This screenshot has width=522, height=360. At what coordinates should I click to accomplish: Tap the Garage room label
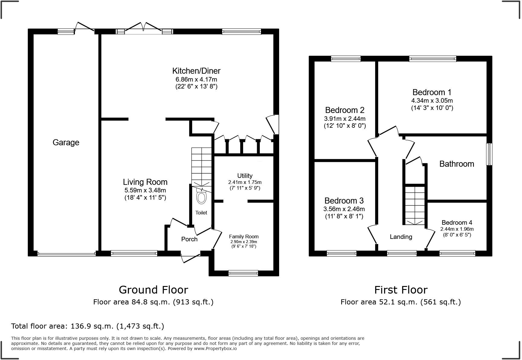tap(66, 142)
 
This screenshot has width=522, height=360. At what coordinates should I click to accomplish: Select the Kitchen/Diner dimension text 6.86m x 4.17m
tap(196, 79)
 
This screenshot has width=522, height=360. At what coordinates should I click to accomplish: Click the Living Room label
tap(145, 182)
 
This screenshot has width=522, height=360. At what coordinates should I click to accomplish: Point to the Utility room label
tap(245, 175)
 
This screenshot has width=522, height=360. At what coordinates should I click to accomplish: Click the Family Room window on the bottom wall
tap(243, 273)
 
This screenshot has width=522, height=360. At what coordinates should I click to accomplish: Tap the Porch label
tap(189, 239)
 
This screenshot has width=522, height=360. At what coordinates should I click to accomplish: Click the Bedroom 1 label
tap(432, 92)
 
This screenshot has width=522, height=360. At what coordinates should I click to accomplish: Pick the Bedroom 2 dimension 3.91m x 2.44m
tap(345, 119)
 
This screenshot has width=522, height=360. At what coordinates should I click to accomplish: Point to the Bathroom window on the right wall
tap(489, 154)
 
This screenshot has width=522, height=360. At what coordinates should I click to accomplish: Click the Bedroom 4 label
tap(457, 223)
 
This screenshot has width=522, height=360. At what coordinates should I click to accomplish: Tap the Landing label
tap(401, 237)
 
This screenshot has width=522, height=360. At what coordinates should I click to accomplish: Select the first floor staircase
tap(414, 205)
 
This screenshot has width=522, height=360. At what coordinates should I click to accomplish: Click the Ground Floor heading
tap(153, 290)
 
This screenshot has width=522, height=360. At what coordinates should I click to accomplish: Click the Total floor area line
tap(88, 326)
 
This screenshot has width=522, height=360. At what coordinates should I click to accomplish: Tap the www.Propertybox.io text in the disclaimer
tap(215, 349)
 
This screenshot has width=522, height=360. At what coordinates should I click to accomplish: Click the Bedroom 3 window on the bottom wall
tap(341, 253)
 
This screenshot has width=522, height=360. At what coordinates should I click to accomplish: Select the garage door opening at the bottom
tap(66, 254)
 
